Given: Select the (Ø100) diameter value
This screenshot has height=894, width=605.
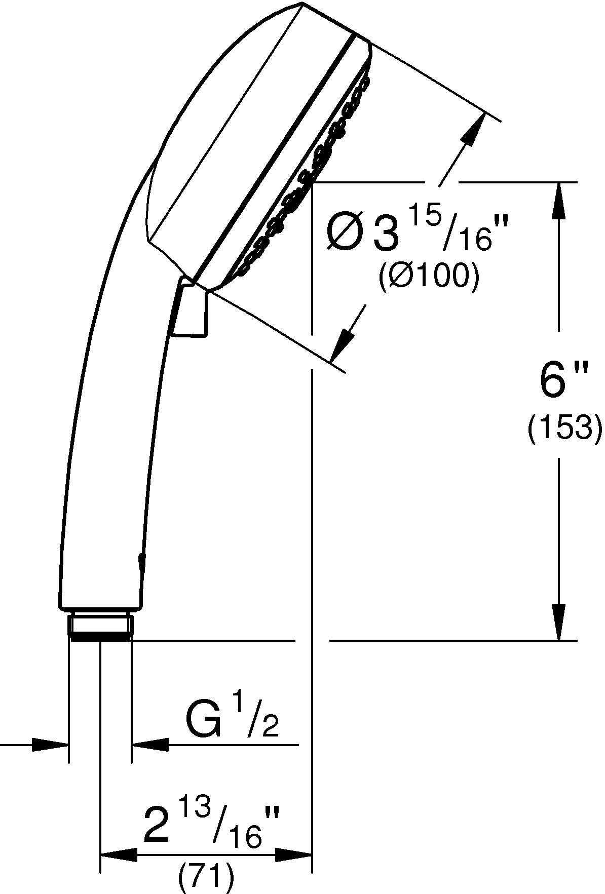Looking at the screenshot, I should [429, 277].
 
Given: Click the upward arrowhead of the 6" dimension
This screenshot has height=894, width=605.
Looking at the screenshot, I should [559, 200].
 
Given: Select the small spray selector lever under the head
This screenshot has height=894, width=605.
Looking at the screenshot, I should [191, 310].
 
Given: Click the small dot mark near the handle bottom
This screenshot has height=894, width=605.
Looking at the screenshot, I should [140, 559].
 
